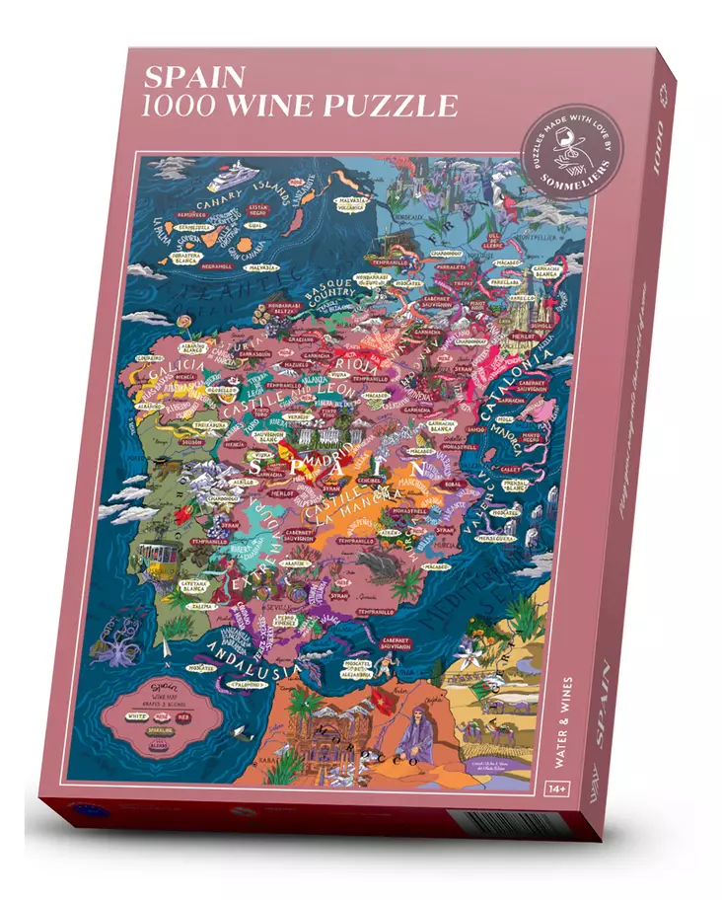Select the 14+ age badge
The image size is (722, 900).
[x=560, y=787]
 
